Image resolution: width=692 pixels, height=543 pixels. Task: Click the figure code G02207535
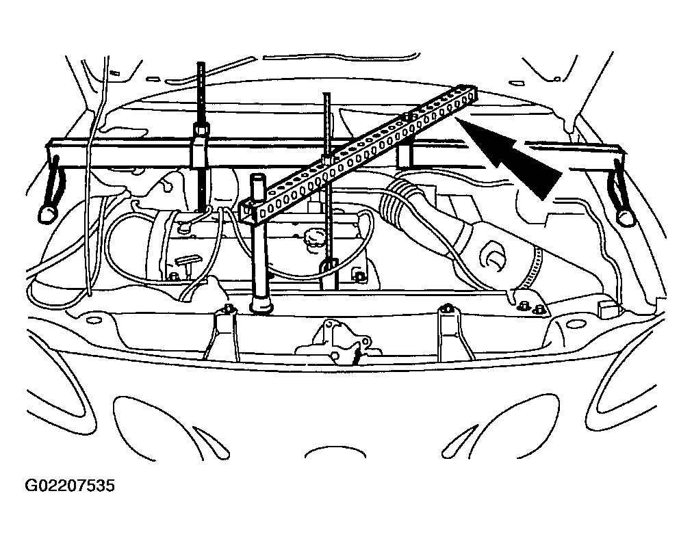coord(70,486)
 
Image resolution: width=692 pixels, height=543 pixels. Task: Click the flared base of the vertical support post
coord(262,306)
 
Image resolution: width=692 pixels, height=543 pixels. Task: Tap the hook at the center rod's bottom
coord(329,266)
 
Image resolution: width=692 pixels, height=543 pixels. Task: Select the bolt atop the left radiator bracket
coord(228,308)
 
